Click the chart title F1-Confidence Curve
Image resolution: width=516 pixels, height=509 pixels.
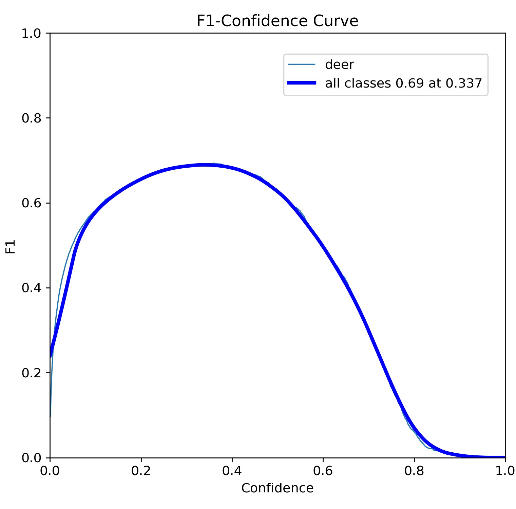point(277,21)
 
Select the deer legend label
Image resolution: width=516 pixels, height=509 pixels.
point(339,64)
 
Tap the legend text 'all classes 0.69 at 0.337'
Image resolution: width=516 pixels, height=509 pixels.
point(403,83)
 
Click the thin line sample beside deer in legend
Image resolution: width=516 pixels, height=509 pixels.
point(302,64)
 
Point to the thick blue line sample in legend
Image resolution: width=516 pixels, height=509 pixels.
point(302,83)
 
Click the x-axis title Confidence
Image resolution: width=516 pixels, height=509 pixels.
point(277,488)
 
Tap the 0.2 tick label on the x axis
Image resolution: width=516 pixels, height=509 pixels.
point(141,471)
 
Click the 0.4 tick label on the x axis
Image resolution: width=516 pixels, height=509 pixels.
point(232,471)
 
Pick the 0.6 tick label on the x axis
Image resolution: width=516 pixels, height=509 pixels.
point(323,471)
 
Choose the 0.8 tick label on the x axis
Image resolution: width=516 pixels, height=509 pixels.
point(414,471)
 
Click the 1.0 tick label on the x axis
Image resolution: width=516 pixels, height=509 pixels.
point(505,471)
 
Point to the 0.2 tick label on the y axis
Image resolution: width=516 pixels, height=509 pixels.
point(31,373)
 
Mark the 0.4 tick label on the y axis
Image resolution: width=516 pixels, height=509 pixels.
point(31,288)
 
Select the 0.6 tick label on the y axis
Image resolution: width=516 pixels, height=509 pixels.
point(31,203)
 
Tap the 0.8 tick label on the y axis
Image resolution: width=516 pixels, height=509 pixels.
point(31,118)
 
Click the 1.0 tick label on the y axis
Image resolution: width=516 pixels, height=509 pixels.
point(31,33)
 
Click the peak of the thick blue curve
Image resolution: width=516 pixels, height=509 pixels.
point(204,165)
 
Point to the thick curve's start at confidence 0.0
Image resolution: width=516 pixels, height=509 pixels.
point(51,356)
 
